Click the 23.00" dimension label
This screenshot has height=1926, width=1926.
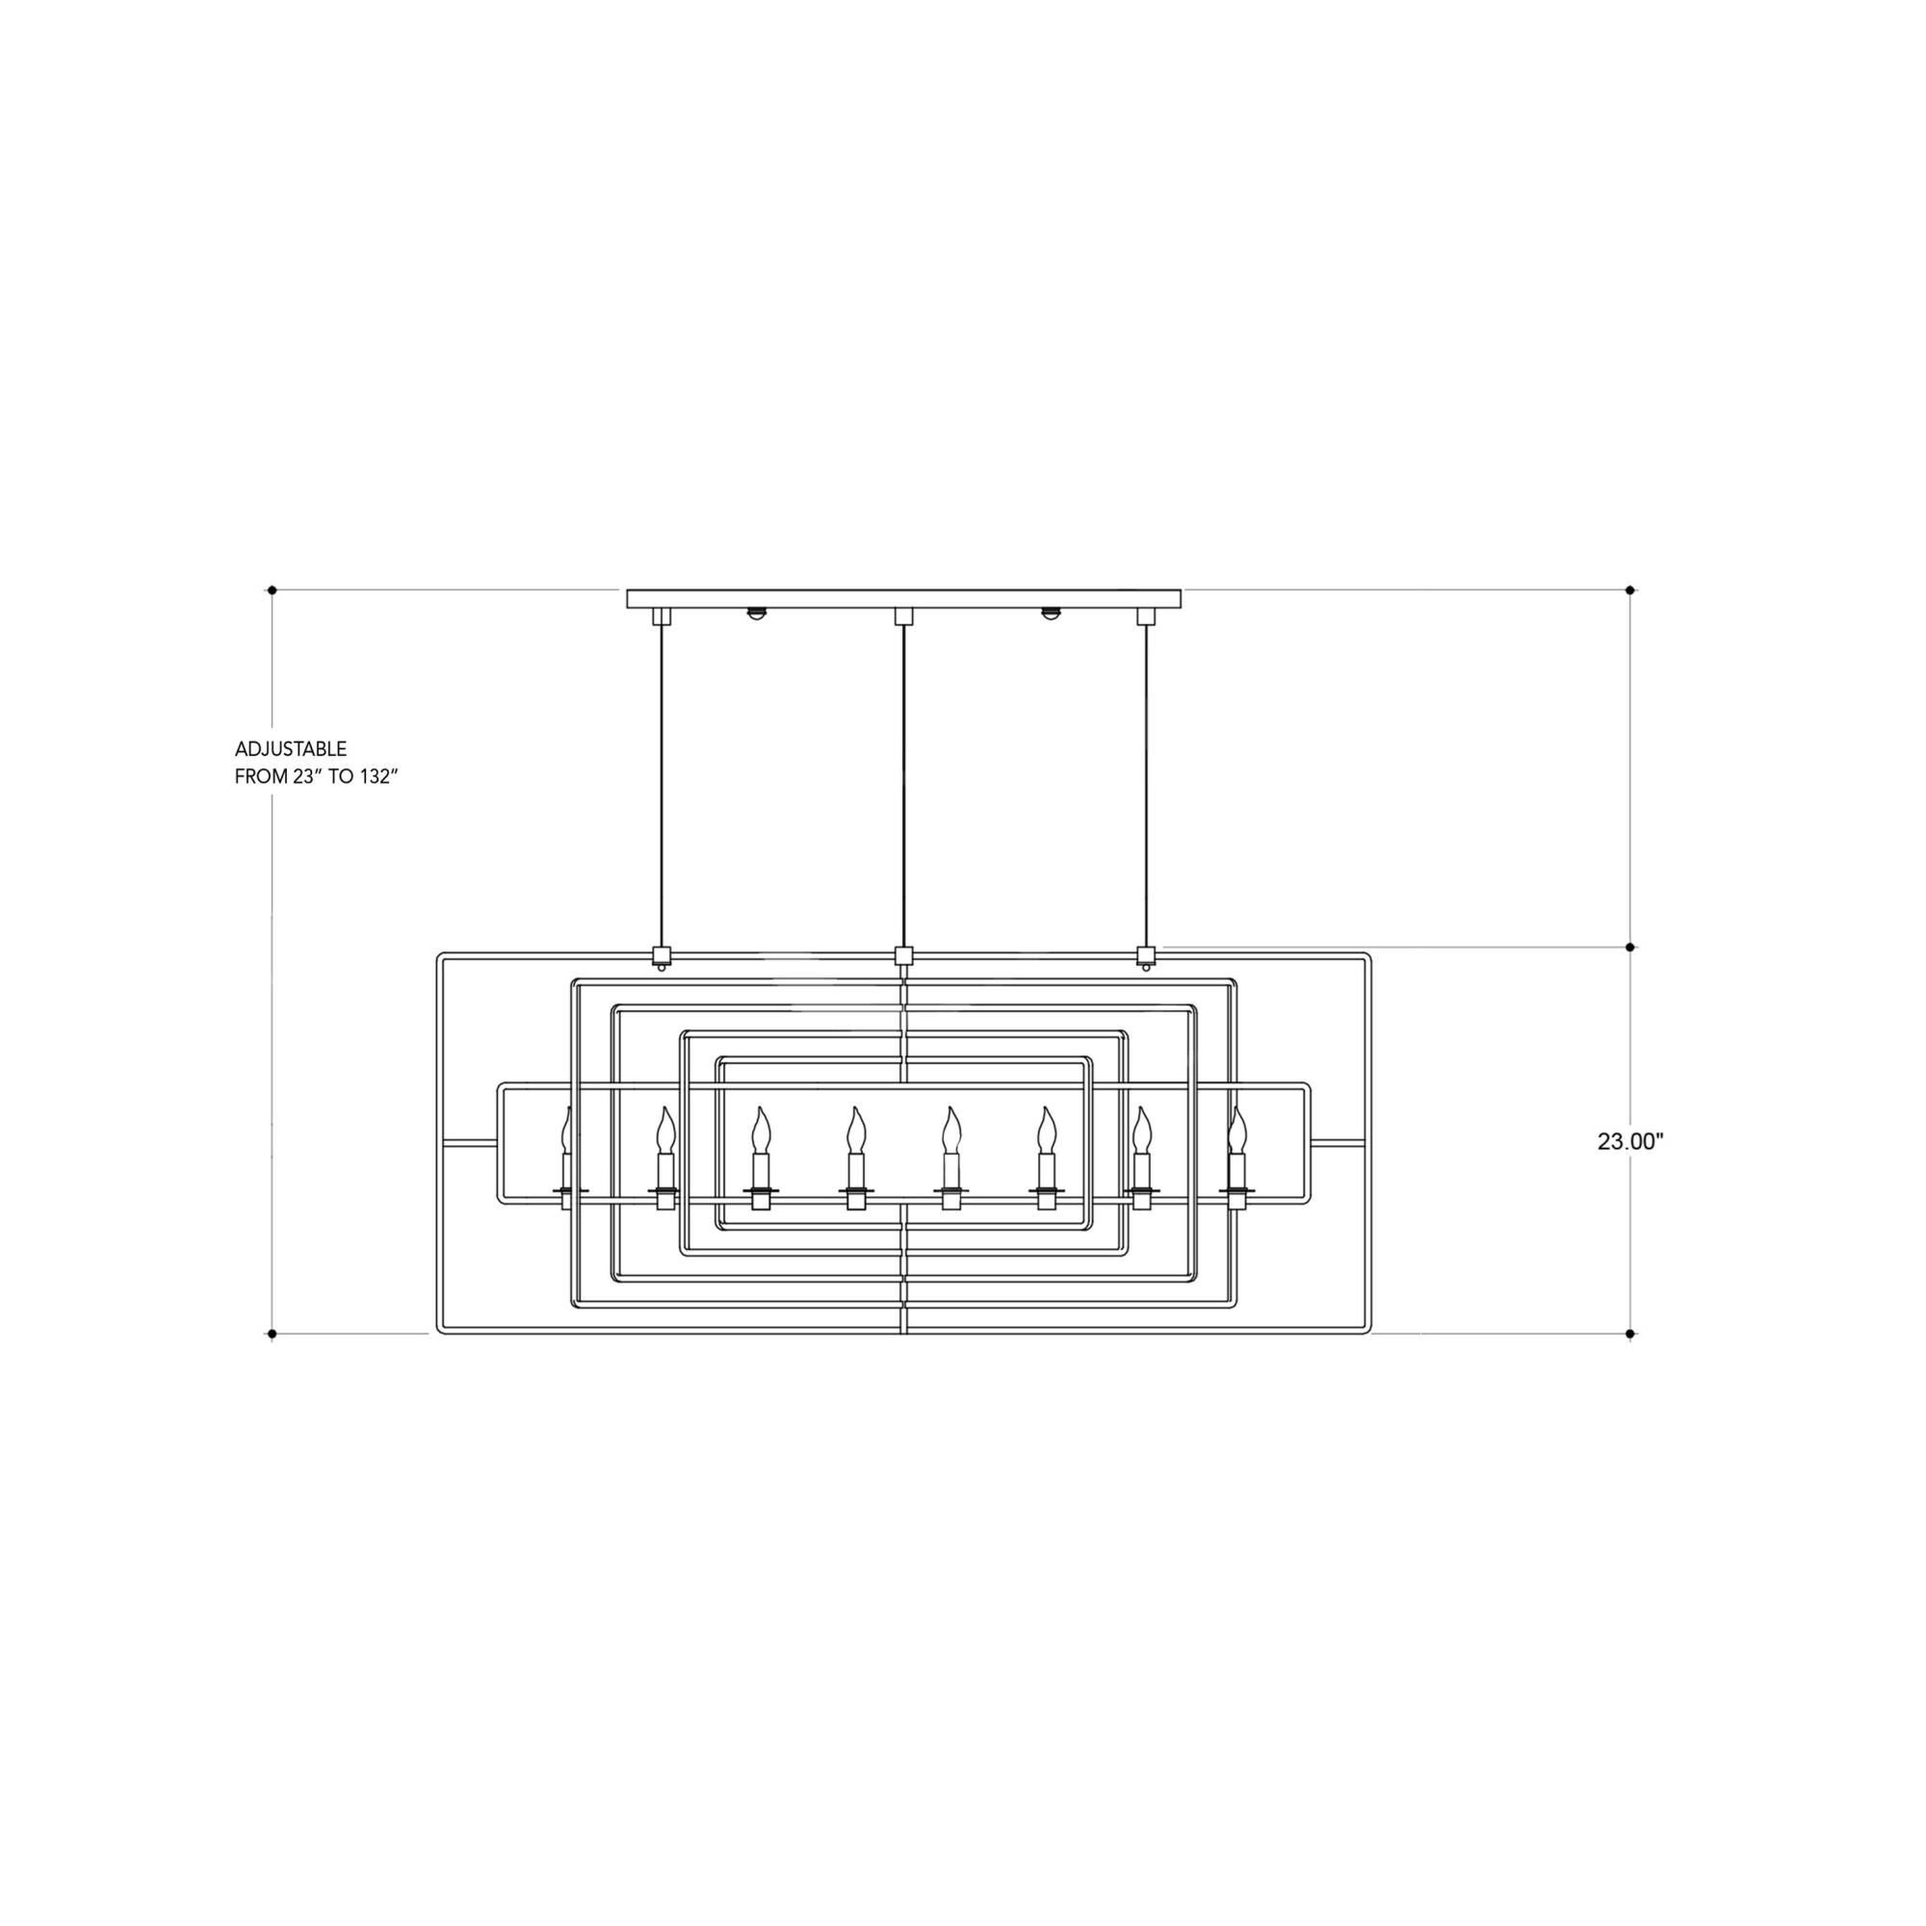pos(1631,1142)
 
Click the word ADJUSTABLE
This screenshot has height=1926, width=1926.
pos(291,748)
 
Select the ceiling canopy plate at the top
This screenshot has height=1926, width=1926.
pos(903,599)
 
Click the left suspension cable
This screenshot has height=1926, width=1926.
pos(660,786)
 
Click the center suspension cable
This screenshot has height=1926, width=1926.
pos(903,786)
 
